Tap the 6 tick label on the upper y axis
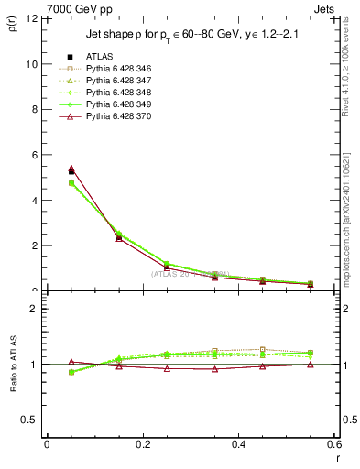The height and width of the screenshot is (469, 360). tap(34, 155)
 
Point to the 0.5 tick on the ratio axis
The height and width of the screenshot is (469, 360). tap(30, 420)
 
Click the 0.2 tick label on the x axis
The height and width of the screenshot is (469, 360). tap(142, 444)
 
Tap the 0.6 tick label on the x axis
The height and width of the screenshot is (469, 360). tap(334, 444)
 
